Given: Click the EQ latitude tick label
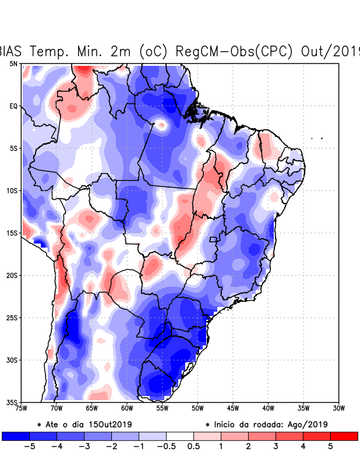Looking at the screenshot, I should point(13,106).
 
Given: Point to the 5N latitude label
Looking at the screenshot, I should point(13,63).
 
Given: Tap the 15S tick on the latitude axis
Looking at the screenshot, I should point(12,233).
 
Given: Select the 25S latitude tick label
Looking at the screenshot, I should point(12,317).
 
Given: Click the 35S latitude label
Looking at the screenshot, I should point(12,403).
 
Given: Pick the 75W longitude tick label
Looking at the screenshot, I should point(22,408).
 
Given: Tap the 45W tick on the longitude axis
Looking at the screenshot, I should point(233,408).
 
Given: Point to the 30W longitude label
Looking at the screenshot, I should point(338,408).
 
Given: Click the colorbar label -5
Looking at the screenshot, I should point(27,446).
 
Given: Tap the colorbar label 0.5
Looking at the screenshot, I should point(194,446).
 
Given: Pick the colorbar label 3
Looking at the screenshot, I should point(276,446).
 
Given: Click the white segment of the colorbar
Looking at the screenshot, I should point(180,436).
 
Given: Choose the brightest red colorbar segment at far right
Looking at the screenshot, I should point(344,436).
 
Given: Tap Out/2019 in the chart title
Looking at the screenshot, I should point(330,51).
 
